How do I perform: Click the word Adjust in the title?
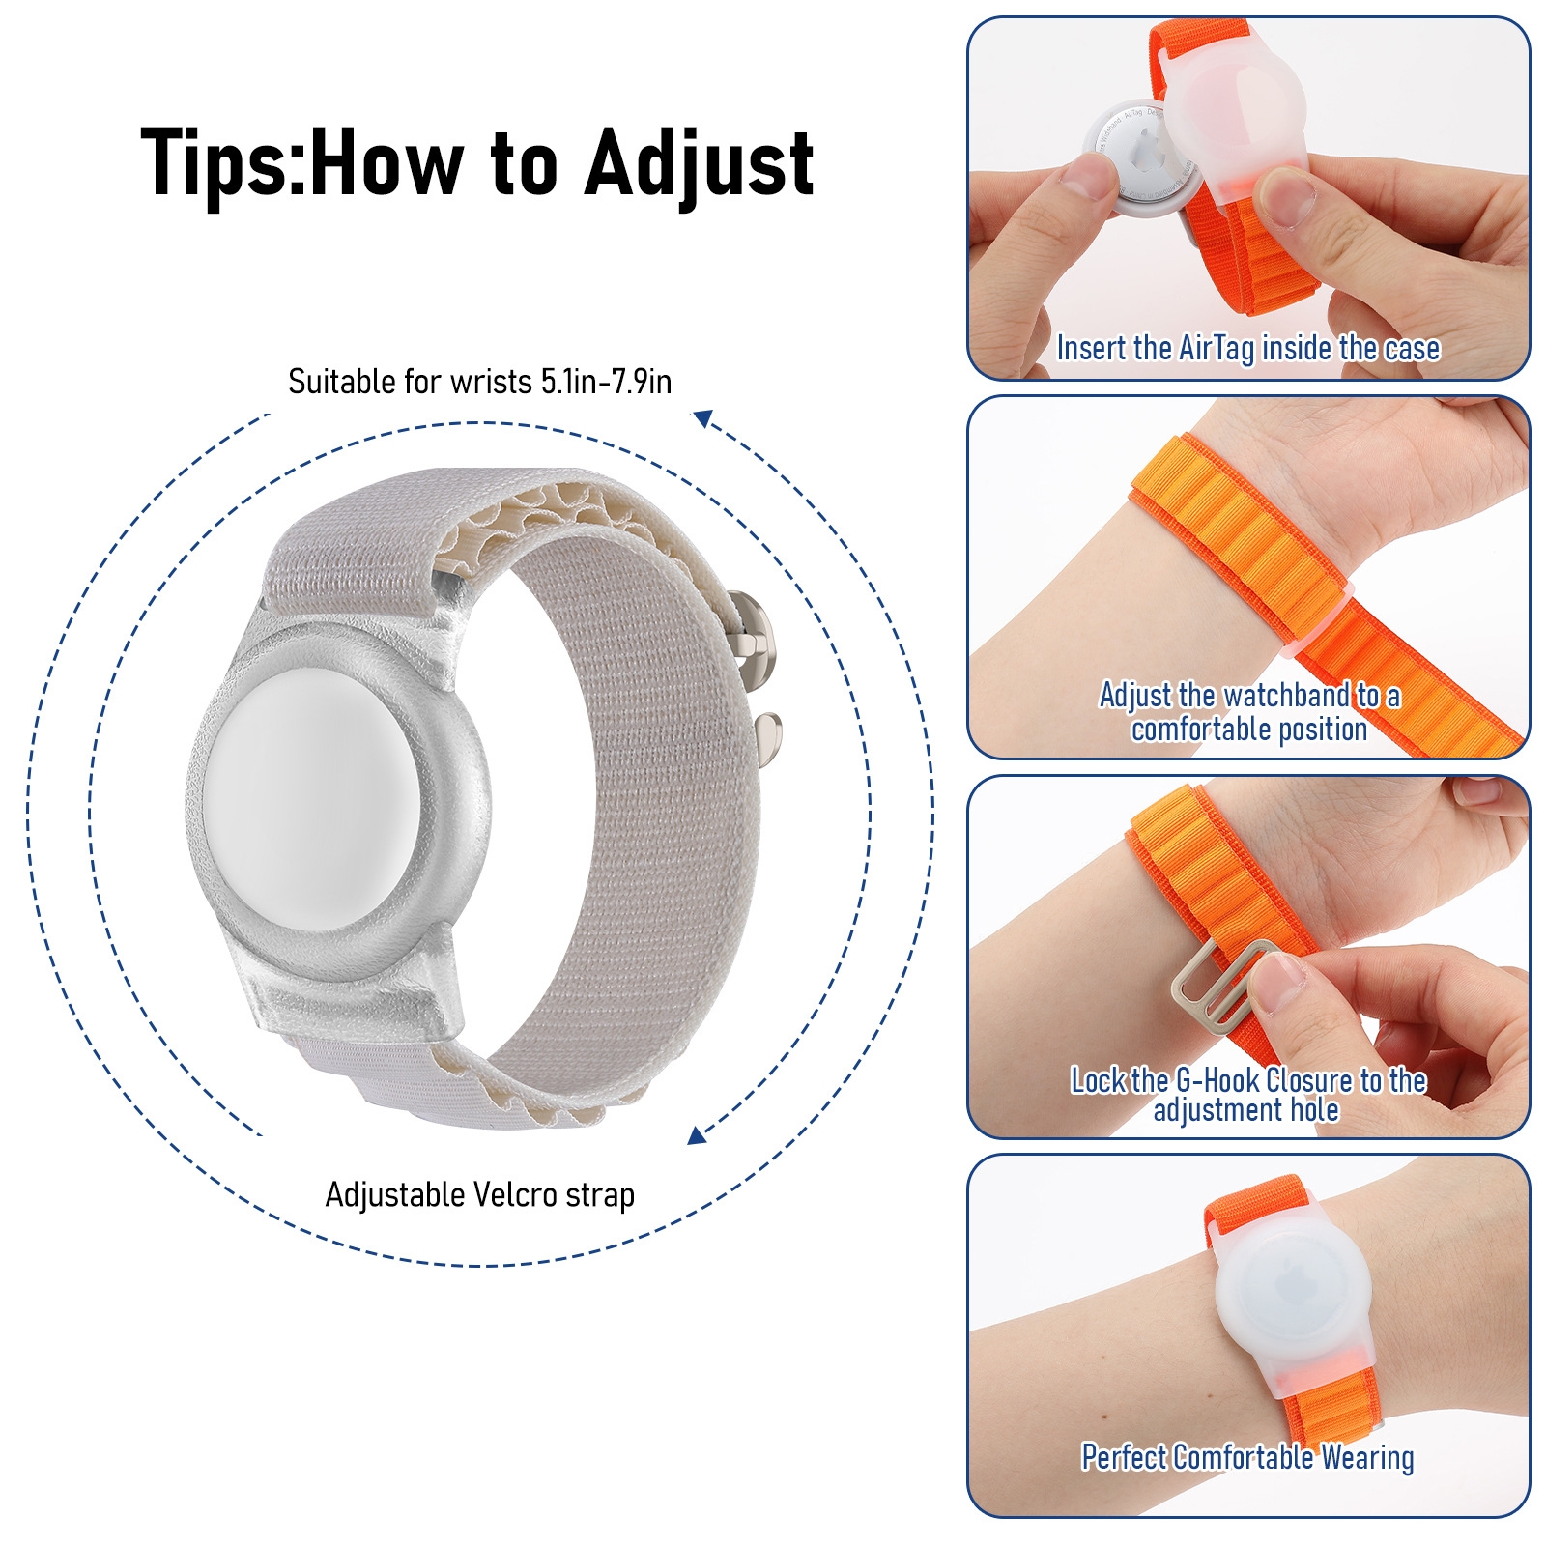[699, 164]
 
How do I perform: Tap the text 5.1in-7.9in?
[606, 382]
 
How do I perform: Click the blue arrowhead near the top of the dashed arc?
[702, 418]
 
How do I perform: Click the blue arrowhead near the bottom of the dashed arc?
[696, 1135]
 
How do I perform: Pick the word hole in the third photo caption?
[1315, 1109]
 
